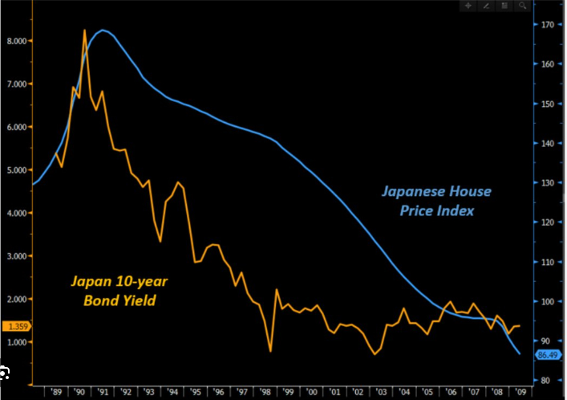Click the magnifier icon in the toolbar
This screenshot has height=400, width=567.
click(x=522, y=6)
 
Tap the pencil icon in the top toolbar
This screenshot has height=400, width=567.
click(x=487, y=6)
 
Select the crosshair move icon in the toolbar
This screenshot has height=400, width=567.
click(x=469, y=6)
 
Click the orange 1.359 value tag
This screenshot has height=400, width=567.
click(x=16, y=326)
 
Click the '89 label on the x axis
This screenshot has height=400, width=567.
click(x=55, y=392)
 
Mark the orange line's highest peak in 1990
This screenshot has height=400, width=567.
click(x=84, y=31)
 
